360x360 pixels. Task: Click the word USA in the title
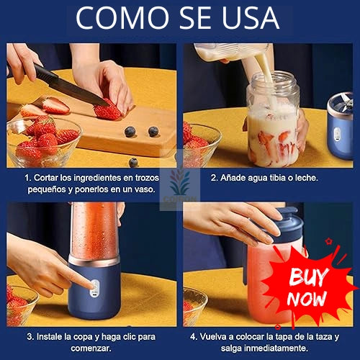point(251,17)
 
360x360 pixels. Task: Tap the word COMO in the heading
point(122,17)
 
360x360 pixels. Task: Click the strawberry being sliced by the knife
point(107,110)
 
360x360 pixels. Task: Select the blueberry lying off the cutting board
point(133,162)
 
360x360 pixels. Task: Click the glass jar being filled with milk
point(274,120)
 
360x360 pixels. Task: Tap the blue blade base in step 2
point(341,126)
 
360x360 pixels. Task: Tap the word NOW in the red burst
point(307,299)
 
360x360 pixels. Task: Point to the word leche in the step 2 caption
point(307,178)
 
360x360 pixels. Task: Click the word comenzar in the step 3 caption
point(91,348)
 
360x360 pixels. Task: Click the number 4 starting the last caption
point(193,337)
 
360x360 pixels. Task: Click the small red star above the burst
point(328,241)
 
